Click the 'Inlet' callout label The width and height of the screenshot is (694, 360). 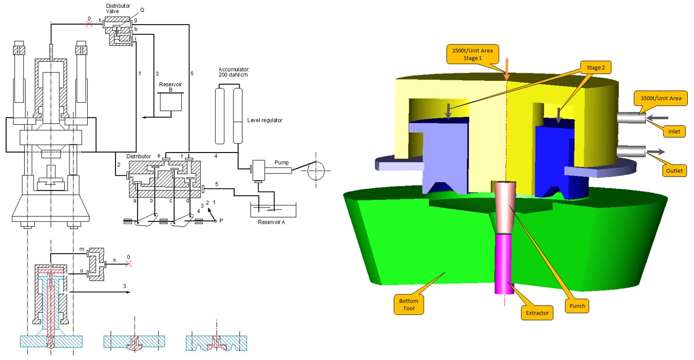[x=674, y=131]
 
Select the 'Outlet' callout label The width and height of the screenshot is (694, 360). [x=674, y=170]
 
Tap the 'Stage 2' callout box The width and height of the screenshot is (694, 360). [x=595, y=68]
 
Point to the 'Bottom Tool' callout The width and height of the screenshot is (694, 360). [x=409, y=305]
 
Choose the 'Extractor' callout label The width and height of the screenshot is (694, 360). [x=537, y=313]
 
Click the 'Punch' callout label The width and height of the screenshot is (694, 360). [x=577, y=306]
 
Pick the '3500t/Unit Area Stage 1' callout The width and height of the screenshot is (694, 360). [x=472, y=54]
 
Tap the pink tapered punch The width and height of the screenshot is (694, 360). [x=505, y=207]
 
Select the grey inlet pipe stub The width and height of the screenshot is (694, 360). [x=631, y=118]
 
